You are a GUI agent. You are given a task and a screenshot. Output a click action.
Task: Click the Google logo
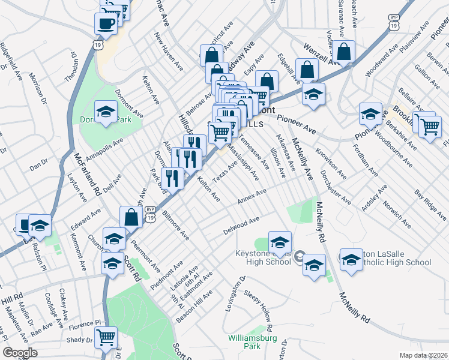20,353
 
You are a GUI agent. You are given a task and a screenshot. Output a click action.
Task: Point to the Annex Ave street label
252,196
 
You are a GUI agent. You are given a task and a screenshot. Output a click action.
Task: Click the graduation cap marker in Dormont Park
106,112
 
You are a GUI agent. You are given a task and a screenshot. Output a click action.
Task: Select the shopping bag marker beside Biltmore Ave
130,217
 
